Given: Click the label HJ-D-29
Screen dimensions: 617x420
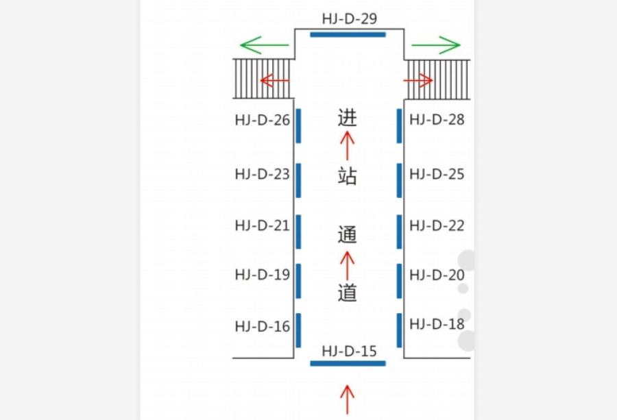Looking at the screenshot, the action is point(350,18).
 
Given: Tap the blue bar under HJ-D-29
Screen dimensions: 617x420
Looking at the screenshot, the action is point(348,35).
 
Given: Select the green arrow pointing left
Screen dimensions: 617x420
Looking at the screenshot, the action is point(265,45).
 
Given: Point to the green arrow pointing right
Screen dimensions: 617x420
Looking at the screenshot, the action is point(436,45).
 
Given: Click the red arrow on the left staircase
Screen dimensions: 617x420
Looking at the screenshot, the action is point(275,81).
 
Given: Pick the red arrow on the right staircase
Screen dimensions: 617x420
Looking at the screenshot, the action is point(418,81).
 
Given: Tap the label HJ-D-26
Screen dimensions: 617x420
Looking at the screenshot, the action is point(263,120).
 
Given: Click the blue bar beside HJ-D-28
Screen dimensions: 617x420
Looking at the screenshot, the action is point(400,126).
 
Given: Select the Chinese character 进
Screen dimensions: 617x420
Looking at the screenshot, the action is point(347,118).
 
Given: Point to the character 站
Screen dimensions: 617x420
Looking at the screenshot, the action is point(347,175).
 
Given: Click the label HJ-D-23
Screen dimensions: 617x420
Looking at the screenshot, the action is point(263,174).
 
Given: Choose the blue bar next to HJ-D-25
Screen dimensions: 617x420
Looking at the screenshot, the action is point(400,180).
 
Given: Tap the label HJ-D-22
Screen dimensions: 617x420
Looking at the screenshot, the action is point(437,225).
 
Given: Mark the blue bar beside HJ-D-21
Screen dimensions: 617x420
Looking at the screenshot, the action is point(298,232).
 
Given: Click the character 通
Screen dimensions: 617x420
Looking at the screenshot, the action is point(347,235).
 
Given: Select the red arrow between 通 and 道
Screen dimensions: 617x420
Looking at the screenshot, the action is point(347,266).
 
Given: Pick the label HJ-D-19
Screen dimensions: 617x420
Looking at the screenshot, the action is point(263,275).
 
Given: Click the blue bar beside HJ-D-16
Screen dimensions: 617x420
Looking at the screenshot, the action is point(298,330).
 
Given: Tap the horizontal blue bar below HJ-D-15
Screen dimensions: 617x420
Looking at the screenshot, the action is point(348,363).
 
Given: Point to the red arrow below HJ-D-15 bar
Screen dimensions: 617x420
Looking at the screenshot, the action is point(348,399).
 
